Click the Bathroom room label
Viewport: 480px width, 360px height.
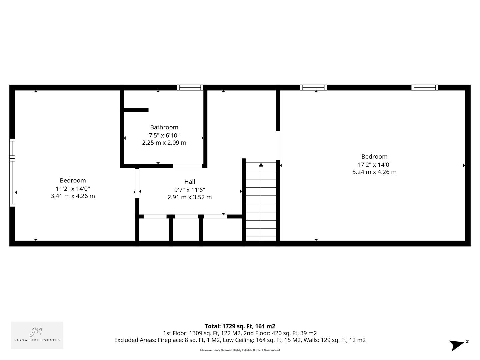click(164, 127)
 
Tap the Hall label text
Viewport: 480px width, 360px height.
click(190, 182)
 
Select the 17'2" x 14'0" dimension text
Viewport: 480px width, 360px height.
click(374, 165)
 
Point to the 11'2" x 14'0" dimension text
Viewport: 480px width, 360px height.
click(73, 189)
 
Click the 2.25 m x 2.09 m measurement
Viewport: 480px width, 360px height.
click(164, 143)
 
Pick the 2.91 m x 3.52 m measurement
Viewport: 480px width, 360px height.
click(190, 197)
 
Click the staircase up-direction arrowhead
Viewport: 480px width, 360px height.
click(261, 165)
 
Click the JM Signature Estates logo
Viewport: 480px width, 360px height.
click(37, 335)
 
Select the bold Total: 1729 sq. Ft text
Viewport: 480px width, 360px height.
click(240, 326)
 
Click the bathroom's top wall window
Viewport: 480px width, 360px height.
click(190, 88)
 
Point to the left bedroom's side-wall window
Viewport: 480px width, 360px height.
click(12, 172)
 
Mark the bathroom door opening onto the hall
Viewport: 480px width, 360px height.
click(187, 166)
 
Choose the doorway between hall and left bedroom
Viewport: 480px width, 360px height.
click(137, 183)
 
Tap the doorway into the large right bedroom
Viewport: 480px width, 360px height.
click(278, 145)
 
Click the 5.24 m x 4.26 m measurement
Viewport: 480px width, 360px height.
click(374, 172)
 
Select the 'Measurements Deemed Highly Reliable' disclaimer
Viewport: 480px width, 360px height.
click(240, 350)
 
